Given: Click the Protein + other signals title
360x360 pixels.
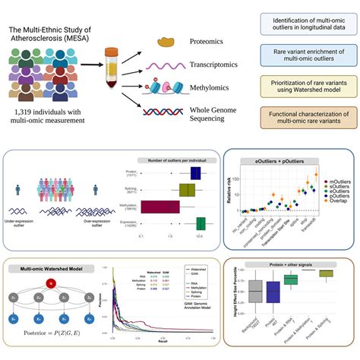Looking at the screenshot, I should click(x=289, y=264).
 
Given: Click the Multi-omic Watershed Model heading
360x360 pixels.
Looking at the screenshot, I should click(x=51, y=268).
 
